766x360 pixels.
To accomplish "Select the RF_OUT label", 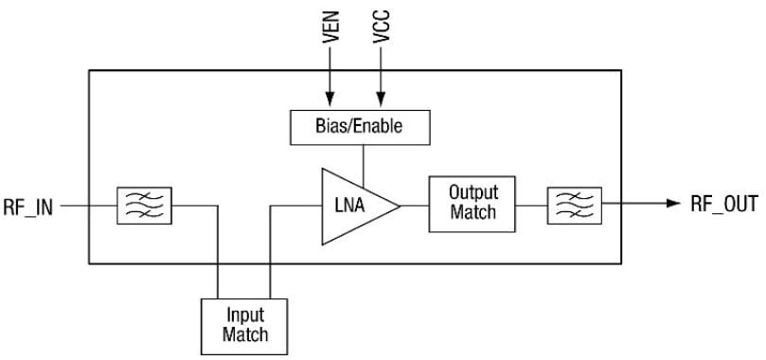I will tap(724, 205).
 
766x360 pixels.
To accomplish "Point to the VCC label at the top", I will tap(382, 33).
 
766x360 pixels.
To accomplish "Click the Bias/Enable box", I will tap(359, 125).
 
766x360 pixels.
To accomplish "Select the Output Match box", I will tap(472, 203).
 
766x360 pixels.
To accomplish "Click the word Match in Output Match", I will tap(472, 212).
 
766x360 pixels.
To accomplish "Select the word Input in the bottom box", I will tap(244, 315).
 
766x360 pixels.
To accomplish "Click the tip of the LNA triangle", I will tap(399, 204).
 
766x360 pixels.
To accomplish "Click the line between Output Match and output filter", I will tap(531, 204).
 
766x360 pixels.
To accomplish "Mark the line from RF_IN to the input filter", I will tap(91, 204).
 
